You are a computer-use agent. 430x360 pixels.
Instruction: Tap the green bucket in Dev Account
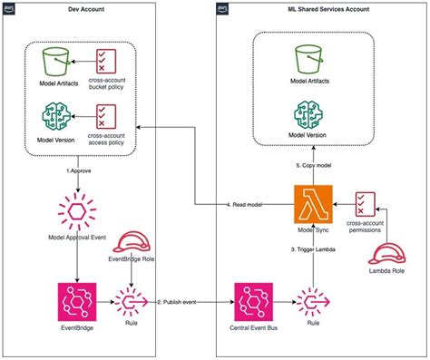[x=58, y=63]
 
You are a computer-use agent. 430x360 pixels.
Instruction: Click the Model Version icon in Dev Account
[x=58, y=119]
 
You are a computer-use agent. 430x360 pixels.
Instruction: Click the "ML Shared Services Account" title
[x=320, y=9]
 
